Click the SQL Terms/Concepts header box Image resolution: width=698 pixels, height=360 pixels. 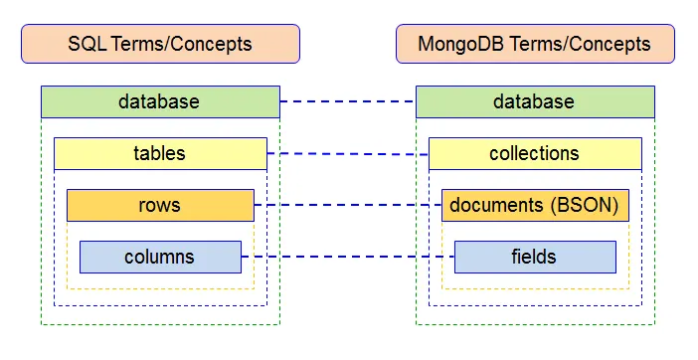point(159,44)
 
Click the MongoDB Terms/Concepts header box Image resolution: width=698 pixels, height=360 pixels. point(534,44)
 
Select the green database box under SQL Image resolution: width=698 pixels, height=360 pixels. point(159,101)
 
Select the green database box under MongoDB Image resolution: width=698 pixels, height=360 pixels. point(534,101)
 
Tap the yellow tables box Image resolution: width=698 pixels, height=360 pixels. point(159,153)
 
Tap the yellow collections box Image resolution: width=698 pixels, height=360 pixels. point(534,153)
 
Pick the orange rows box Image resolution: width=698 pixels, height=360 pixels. point(159,205)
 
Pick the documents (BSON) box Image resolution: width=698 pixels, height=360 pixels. point(534,205)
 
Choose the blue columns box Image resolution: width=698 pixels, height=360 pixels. point(159,257)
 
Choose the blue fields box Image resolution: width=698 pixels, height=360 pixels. point(534,257)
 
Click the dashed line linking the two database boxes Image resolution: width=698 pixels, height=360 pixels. point(347,101)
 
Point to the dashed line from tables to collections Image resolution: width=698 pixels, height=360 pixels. point(347,154)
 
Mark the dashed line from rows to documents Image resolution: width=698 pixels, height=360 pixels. point(347,206)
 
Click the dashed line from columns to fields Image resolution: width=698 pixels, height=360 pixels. point(347,258)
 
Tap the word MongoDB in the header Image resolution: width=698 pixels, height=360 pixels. point(458,44)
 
